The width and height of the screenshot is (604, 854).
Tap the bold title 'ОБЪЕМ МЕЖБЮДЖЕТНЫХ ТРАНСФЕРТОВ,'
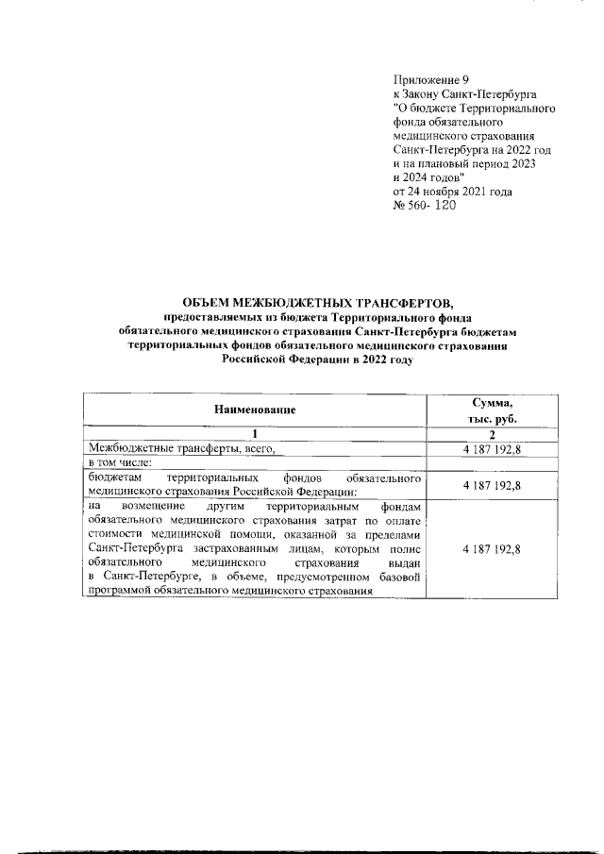[318, 303]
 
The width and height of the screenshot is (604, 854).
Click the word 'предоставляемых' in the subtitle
[209, 318]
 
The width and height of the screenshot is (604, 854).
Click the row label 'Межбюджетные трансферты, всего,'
[180, 448]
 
